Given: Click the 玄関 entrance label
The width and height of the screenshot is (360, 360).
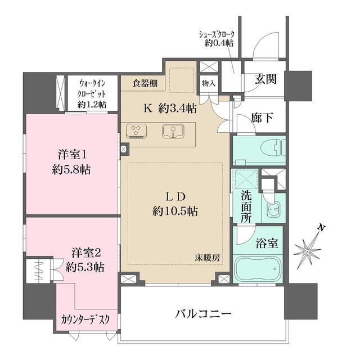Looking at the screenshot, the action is (265, 79).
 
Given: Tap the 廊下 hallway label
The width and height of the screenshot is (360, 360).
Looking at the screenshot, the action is (262, 118).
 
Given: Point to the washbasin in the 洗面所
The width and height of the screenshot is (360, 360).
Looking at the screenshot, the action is (273, 208).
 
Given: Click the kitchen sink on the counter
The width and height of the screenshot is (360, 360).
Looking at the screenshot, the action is (173, 132).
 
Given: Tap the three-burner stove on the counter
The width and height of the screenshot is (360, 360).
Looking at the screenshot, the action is (136, 131).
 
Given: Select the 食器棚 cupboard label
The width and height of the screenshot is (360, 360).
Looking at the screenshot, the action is (145, 83).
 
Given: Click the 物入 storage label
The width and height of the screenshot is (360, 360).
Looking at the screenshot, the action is (209, 84).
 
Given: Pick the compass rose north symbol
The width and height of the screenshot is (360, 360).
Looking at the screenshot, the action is (308, 251).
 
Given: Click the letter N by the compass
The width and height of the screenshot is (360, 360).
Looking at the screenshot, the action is (322, 227).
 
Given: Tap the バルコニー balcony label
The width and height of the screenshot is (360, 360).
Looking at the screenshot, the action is (203, 314).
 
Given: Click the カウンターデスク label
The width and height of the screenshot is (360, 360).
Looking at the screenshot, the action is (86, 319).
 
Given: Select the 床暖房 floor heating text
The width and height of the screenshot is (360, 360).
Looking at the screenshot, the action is (208, 258).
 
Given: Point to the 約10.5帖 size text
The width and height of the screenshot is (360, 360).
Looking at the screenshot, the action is (175, 211).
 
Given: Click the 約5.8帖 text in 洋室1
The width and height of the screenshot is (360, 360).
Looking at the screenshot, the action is (71, 170).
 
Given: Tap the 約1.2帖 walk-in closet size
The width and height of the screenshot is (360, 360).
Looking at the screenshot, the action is (92, 105).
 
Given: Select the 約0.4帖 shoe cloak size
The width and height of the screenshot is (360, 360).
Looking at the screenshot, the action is (219, 43).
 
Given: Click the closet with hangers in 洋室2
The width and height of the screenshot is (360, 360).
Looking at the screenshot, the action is (39, 271).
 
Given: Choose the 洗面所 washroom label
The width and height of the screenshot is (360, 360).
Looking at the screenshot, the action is (246, 206).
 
